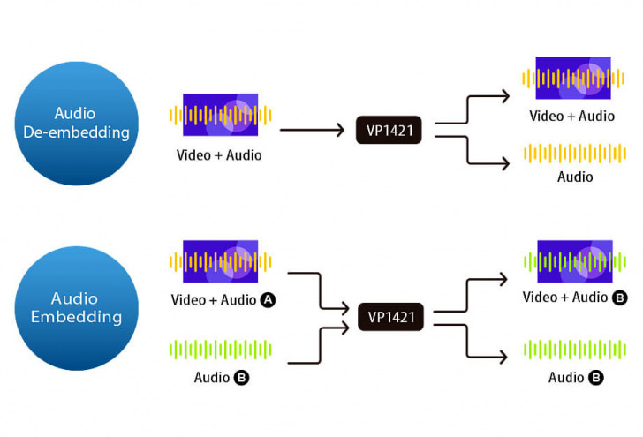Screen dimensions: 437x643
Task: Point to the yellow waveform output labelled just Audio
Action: pyautogui.click(x=574, y=154)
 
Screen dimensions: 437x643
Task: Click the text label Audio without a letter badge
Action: pyautogui.click(x=574, y=177)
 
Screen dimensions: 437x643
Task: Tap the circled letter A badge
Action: pyautogui.click(x=269, y=300)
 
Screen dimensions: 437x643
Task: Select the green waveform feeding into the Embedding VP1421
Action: pyautogui.click(x=220, y=350)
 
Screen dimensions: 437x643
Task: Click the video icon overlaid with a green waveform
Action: pyautogui.click(x=574, y=262)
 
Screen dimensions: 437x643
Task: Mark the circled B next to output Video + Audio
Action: pyautogui.click(x=619, y=298)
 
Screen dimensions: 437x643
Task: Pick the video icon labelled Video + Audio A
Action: pyautogui.click(x=220, y=262)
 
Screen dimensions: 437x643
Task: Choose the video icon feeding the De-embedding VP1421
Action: pyautogui.click(x=220, y=115)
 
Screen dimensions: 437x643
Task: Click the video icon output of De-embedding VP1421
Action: pyautogui.click(x=574, y=79)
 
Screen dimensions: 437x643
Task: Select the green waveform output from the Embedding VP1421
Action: pyautogui.click(x=574, y=350)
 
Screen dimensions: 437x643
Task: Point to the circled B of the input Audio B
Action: pyautogui.click(x=242, y=378)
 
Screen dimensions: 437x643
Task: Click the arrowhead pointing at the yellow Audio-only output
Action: pyautogui.click(x=505, y=163)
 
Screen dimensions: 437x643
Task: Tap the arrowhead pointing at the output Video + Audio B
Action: pyautogui.click(x=503, y=279)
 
